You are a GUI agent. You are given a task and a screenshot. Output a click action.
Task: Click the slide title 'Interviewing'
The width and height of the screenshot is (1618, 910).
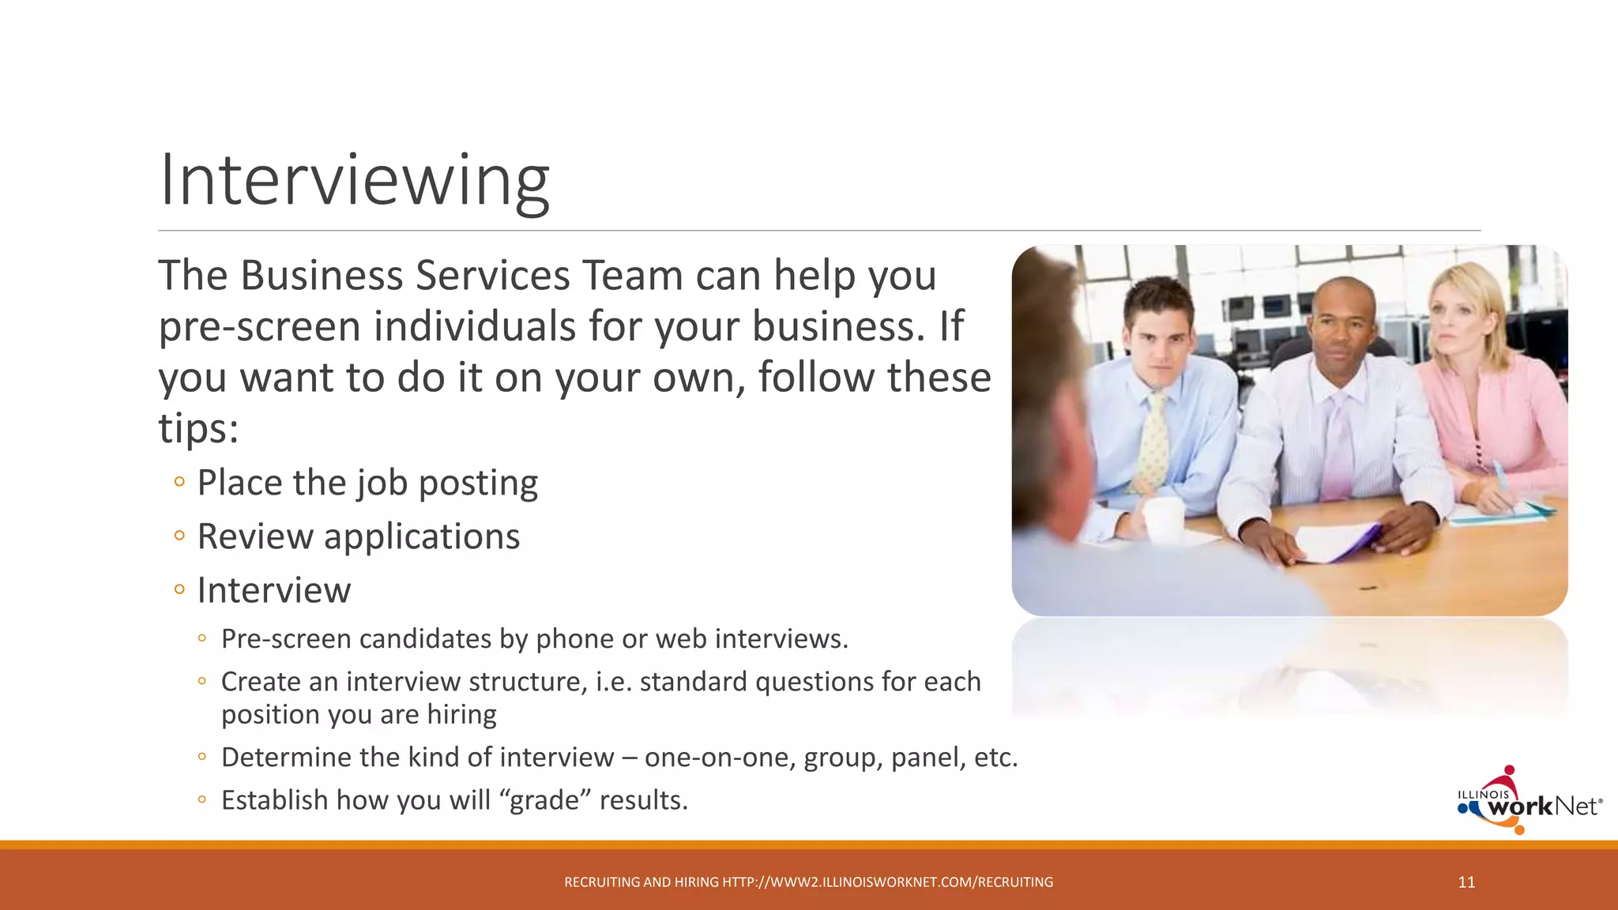[354, 181]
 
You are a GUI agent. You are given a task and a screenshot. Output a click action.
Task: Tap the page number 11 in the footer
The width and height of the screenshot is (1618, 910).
[1466, 882]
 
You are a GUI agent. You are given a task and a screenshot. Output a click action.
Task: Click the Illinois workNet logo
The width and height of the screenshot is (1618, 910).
[1529, 803]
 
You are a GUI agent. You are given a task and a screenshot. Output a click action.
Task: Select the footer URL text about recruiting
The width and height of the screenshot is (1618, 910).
[808, 882]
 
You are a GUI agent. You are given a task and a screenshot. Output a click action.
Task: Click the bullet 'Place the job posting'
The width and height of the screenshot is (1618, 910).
[367, 483]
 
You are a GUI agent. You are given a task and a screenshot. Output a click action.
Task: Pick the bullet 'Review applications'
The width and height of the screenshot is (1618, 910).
[358, 536]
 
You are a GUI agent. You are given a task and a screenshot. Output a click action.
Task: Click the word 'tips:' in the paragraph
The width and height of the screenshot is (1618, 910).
[198, 428]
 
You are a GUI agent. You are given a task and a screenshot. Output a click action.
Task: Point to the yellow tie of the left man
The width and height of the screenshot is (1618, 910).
[1156, 442]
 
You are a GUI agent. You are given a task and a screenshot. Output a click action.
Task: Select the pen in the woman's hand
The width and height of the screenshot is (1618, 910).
[1502, 478]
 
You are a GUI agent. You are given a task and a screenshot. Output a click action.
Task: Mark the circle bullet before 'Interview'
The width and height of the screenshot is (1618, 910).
[179, 589]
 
